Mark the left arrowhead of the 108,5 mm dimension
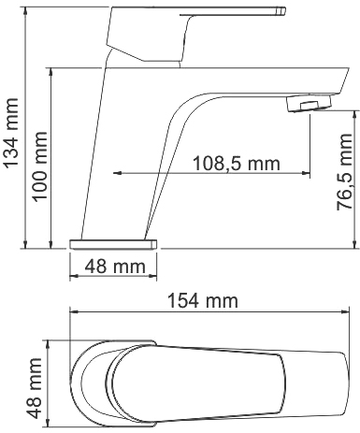click(x=118, y=173)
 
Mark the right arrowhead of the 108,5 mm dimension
click(x=305, y=173)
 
